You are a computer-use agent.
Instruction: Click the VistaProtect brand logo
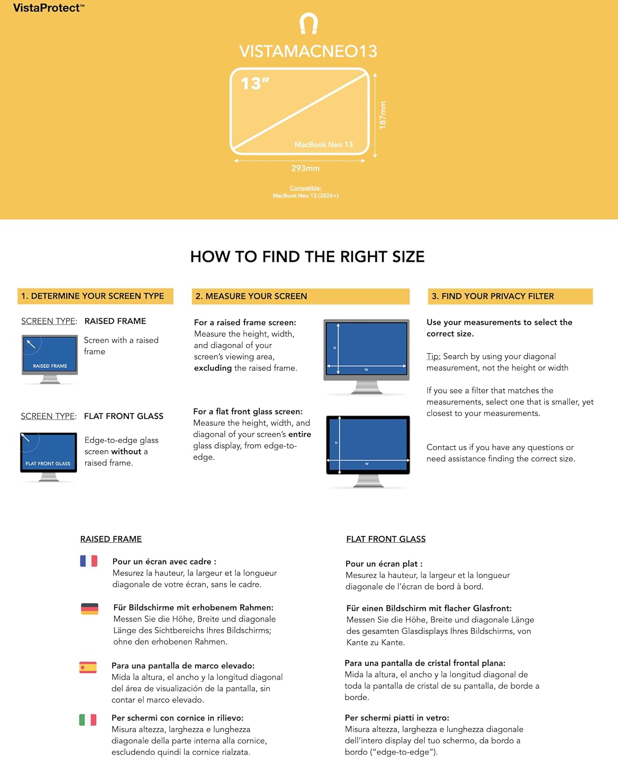(x=49, y=8)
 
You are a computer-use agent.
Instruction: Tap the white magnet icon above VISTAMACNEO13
(x=308, y=23)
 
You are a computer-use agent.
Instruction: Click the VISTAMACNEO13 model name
(x=308, y=52)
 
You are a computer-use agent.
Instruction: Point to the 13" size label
(x=255, y=83)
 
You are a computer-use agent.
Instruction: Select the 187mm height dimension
(x=383, y=115)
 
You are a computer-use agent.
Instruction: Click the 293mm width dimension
(x=305, y=168)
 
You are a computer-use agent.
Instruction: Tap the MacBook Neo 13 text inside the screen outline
(x=323, y=145)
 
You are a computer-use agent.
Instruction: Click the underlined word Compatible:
(x=305, y=188)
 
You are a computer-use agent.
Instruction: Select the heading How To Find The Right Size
(x=307, y=257)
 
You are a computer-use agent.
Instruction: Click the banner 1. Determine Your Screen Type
(x=96, y=296)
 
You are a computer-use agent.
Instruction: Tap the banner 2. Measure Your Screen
(x=301, y=296)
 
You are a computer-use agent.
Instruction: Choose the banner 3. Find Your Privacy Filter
(x=510, y=296)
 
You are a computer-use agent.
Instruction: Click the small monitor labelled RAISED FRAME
(x=50, y=359)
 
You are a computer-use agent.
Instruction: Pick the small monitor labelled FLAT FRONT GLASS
(x=49, y=457)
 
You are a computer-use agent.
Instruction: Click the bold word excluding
(x=213, y=368)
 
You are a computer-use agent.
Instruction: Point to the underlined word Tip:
(x=434, y=356)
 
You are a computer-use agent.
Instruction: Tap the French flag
(x=89, y=561)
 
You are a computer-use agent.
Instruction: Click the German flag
(x=89, y=609)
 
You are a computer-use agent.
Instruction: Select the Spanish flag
(x=88, y=667)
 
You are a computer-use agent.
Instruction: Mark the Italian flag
(x=88, y=720)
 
